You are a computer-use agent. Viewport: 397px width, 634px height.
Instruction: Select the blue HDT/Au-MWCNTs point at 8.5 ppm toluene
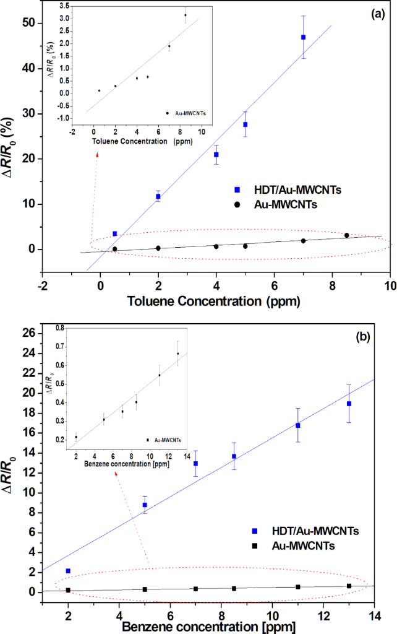(x=303, y=37)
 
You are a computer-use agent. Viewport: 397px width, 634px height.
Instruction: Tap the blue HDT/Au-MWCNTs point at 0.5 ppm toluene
(x=114, y=233)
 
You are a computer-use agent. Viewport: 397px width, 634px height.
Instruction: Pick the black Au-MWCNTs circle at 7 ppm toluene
(x=303, y=241)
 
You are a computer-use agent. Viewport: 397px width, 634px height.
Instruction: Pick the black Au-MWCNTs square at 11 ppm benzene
(x=297, y=587)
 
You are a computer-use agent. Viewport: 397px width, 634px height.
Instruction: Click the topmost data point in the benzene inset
(x=178, y=354)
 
